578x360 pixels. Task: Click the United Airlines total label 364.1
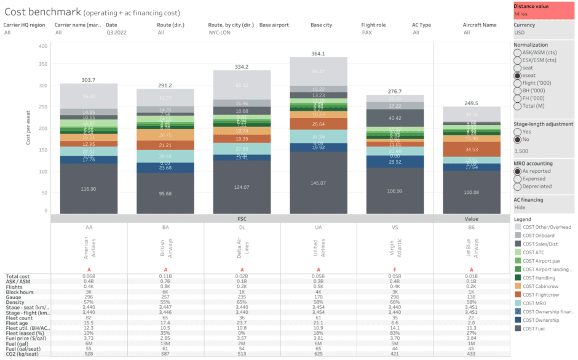tap(319, 54)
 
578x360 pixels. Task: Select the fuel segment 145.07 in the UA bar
tap(319, 183)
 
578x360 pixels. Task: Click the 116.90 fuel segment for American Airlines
tap(89, 189)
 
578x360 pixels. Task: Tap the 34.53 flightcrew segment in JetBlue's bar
tap(472, 150)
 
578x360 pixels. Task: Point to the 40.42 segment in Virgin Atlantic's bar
tap(395, 118)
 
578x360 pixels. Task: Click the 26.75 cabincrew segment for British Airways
tap(165, 135)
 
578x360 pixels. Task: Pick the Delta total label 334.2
tap(242, 66)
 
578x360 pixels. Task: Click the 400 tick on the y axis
tap(42, 46)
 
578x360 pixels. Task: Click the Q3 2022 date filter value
tap(115, 33)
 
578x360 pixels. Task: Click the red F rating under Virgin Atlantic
tap(395, 270)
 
